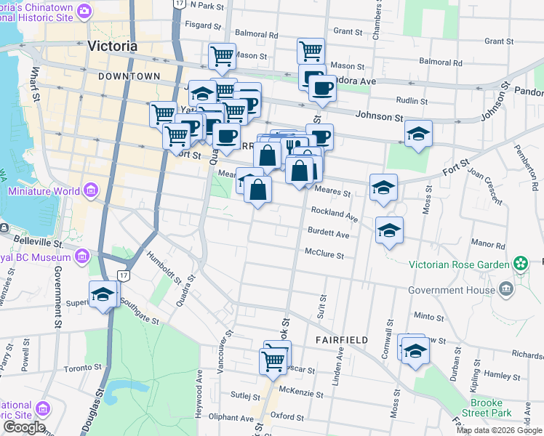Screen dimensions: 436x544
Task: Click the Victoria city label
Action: pyautogui.click(x=111, y=46)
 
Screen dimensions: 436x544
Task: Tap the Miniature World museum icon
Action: pyautogui.click(x=90, y=191)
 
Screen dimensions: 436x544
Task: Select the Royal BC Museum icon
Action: pyautogui.click(x=81, y=257)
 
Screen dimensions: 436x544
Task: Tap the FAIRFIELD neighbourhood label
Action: pyautogui.click(x=342, y=339)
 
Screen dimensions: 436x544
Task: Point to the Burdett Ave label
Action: pyautogui.click(x=329, y=235)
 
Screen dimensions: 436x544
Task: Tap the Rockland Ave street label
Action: pyautogui.click(x=335, y=216)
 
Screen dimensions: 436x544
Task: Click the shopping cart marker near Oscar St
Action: pyautogui.click(x=273, y=359)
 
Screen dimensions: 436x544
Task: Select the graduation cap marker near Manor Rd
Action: pyautogui.click(x=389, y=230)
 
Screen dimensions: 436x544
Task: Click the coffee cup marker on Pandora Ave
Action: pyautogui.click(x=321, y=89)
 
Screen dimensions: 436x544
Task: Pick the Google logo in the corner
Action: pyautogui.click(x=23, y=427)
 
